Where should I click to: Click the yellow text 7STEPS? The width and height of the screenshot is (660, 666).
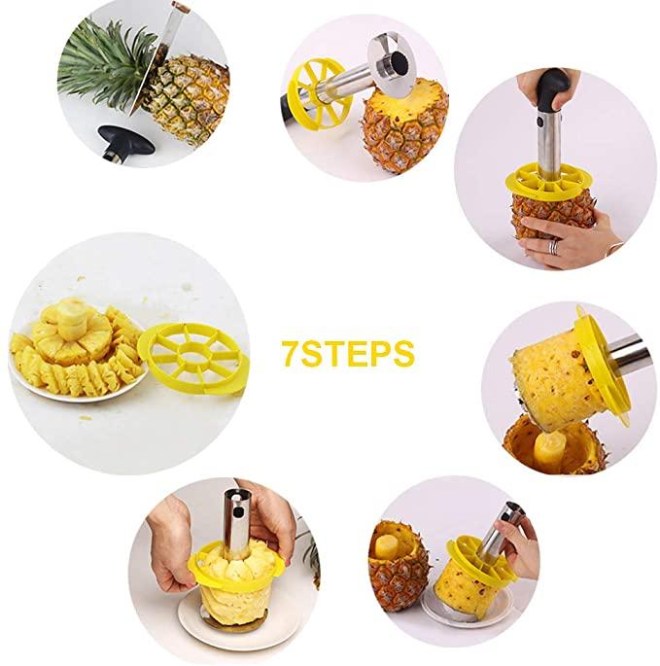(348, 353)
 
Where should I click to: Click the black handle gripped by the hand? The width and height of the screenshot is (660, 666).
(552, 88)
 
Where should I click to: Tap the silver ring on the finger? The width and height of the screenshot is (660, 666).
(553, 247)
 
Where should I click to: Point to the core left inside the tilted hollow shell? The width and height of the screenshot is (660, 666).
(545, 451)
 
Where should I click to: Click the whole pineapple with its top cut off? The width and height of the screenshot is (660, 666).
(403, 126)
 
